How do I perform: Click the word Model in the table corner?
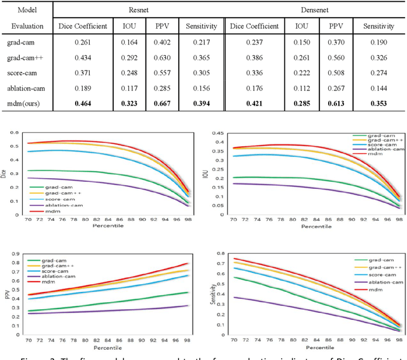(x=27, y=11)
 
